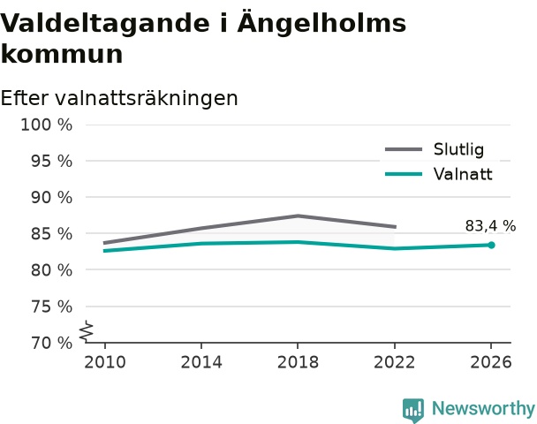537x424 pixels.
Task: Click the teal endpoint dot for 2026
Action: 491,245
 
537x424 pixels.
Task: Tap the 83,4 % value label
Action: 490,226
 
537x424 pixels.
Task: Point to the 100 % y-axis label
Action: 47,125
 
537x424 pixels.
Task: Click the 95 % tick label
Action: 52,161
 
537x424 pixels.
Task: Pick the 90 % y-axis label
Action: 52,198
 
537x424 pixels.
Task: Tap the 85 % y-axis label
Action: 52,234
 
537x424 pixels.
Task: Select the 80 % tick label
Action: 52,270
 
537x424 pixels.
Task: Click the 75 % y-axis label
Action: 52,307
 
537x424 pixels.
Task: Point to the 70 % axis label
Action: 52,343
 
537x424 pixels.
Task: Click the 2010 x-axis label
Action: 105,362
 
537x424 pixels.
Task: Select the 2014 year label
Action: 201,362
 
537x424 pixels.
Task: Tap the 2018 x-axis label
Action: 298,362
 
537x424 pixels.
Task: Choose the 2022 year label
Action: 395,362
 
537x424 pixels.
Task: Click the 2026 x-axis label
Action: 491,362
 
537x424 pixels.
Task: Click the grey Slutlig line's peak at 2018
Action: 298,216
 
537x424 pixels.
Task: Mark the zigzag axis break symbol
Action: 87,331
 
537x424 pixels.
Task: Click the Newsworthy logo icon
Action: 413,410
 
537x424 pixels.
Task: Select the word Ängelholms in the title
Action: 321,23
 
